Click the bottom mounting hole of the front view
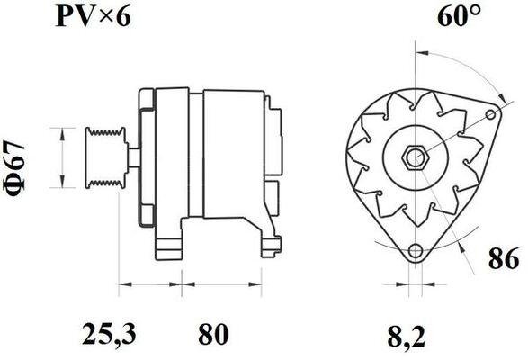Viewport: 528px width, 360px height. pyautogui.click(x=414, y=252)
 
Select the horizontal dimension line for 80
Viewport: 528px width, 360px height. pyautogui.click(x=209, y=286)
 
